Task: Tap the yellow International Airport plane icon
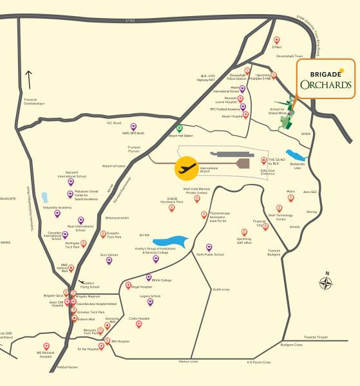(187, 169)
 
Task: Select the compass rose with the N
(327, 282)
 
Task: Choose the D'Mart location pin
(277, 41)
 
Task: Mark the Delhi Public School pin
(209, 247)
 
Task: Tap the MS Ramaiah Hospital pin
(46, 346)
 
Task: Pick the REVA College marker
(149, 277)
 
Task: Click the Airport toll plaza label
(114, 165)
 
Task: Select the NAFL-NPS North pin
(133, 127)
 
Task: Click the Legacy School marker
(150, 301)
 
